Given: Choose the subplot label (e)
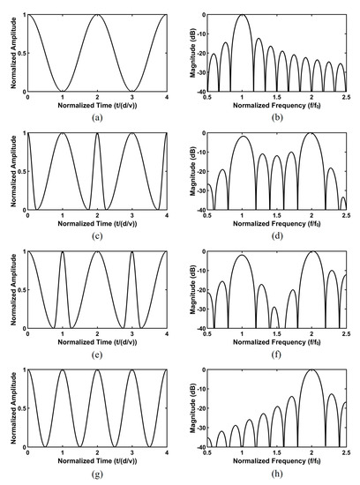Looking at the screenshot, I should coord(97,354).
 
